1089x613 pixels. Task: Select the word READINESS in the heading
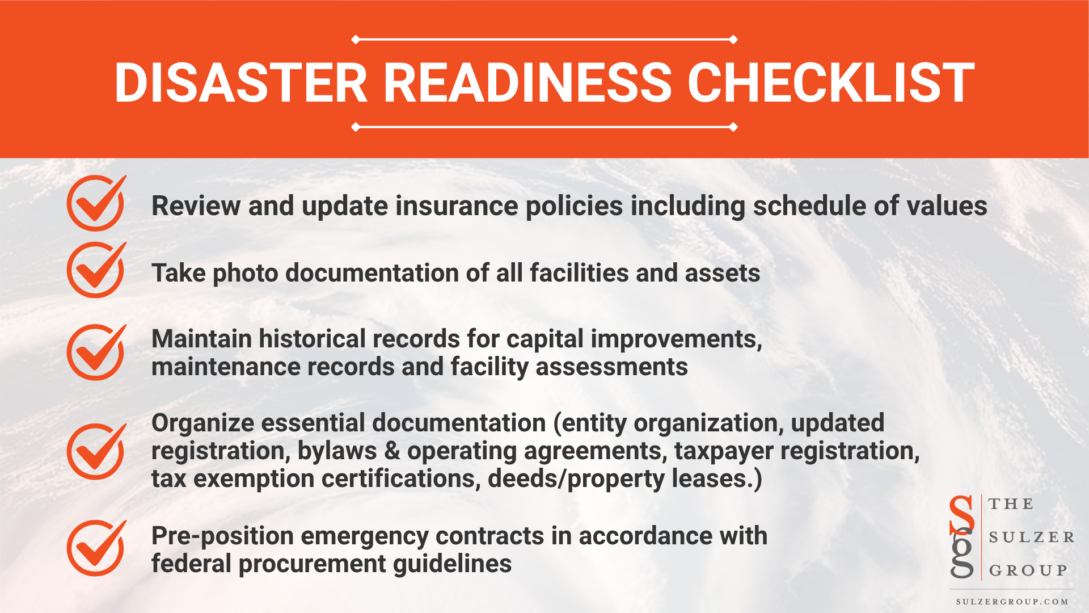tap(527, 83)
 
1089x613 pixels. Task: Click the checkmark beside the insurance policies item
tap(96, 203)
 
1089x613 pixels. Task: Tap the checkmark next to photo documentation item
tap(96, 270)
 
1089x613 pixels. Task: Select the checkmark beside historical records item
tap(96, 352)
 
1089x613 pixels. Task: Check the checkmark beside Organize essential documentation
tap(96, 451)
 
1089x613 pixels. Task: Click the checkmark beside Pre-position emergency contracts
tap(96, 548)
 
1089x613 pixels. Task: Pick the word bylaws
tap(337, 451)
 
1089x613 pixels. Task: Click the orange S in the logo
tap(961, 514)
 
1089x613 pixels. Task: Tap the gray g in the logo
tap(962, 555)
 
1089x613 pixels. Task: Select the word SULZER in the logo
tap(1031, 538)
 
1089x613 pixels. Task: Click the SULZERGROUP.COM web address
tap(1012, 602)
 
